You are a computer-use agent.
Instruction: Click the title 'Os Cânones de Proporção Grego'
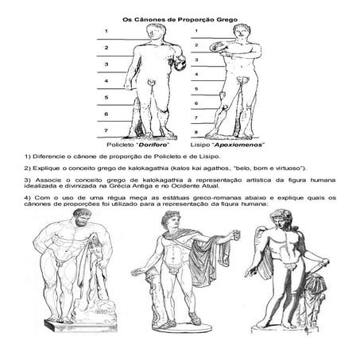[x=180, y=20]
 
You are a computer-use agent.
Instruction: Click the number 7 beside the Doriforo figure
[x=106, y=130]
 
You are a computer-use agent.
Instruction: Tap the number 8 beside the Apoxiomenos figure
[x=196, y=132]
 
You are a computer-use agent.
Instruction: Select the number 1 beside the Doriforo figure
[x=106, y=31]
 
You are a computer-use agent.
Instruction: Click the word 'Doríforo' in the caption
[x=154, y=145]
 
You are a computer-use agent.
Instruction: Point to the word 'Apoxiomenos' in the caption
[x=239, y=145]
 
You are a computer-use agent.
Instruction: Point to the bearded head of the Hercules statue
[x=82, y=217]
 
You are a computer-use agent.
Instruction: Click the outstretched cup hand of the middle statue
[x=235, y=234]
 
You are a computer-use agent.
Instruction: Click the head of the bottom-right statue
[x=281, y=219]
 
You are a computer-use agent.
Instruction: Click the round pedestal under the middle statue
[x=182, y=327]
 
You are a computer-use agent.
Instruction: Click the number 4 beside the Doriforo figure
[x=106, y=81]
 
